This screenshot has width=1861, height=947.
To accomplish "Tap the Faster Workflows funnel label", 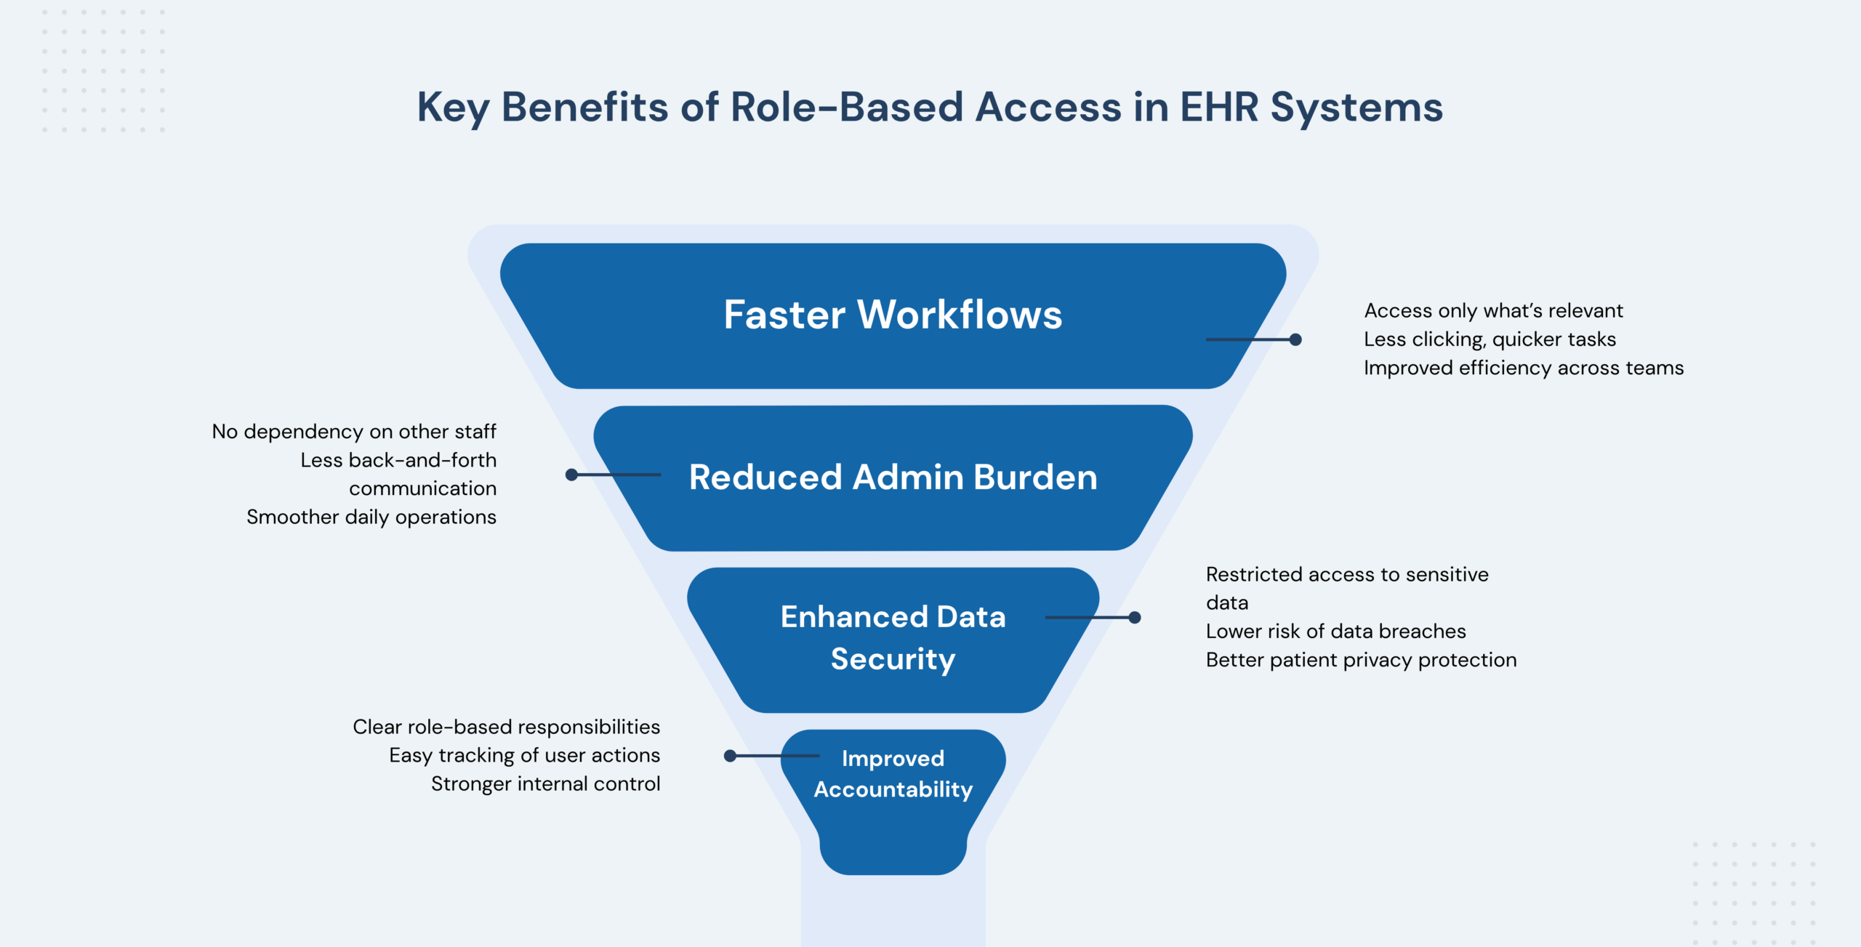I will [893, 315].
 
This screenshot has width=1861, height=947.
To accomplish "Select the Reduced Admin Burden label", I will [893, 477].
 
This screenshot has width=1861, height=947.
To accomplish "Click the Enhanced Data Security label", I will [893, 637].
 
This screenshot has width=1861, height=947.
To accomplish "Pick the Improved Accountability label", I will [893, 773].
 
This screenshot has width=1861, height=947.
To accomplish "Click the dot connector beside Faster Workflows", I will [1295, 339].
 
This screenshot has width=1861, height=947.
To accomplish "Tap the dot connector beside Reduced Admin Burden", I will [571, 475].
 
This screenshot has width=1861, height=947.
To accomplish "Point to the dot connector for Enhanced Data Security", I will [1135, 618].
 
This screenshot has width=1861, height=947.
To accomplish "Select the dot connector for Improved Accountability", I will [730, 756].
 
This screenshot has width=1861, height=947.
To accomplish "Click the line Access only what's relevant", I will [1493, 311].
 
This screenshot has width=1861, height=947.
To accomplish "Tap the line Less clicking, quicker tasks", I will [1490, 339].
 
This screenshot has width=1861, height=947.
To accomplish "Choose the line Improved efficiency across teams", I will [1523, 368].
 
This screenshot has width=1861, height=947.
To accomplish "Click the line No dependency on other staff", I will [354, 432].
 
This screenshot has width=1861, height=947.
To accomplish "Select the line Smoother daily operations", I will [371, 517].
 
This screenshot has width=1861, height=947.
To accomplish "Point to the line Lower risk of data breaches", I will [1335, 631].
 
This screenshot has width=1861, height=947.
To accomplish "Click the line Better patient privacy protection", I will [1361, 660].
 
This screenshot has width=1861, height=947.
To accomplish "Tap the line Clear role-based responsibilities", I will [506, 727].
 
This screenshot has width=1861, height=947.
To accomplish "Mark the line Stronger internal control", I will [545, 783].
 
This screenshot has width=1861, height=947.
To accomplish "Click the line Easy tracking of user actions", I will [524, 755].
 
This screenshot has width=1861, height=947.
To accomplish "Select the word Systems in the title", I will [1356, 108].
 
